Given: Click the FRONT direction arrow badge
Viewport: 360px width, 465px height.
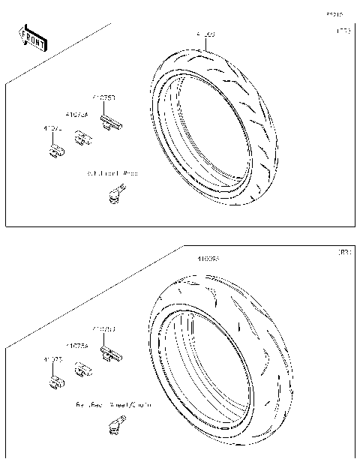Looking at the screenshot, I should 32,39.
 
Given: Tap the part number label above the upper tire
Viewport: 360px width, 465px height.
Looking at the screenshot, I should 205,34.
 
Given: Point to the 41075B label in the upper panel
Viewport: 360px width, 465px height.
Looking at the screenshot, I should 103,97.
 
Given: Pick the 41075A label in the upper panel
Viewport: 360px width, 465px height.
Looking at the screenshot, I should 76,115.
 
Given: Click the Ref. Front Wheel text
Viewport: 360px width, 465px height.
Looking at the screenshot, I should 112,173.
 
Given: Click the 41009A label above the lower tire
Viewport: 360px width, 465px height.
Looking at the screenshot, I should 208,259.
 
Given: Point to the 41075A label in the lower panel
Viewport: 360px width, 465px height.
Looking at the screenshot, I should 76,346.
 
